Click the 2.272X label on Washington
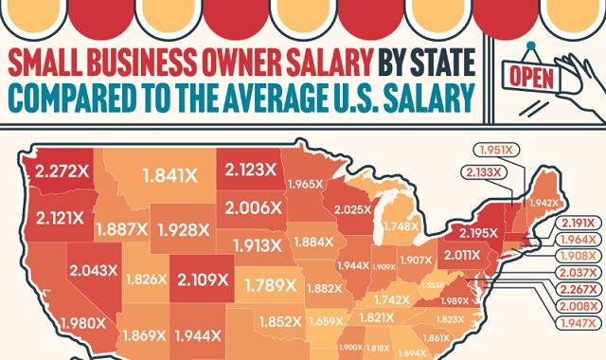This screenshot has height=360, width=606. [x=62, y=172]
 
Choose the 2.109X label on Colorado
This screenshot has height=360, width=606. [x=203, y=279]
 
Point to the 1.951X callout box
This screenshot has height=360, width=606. [x=492, y=150]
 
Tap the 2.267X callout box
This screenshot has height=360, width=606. [x=579, y=291]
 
